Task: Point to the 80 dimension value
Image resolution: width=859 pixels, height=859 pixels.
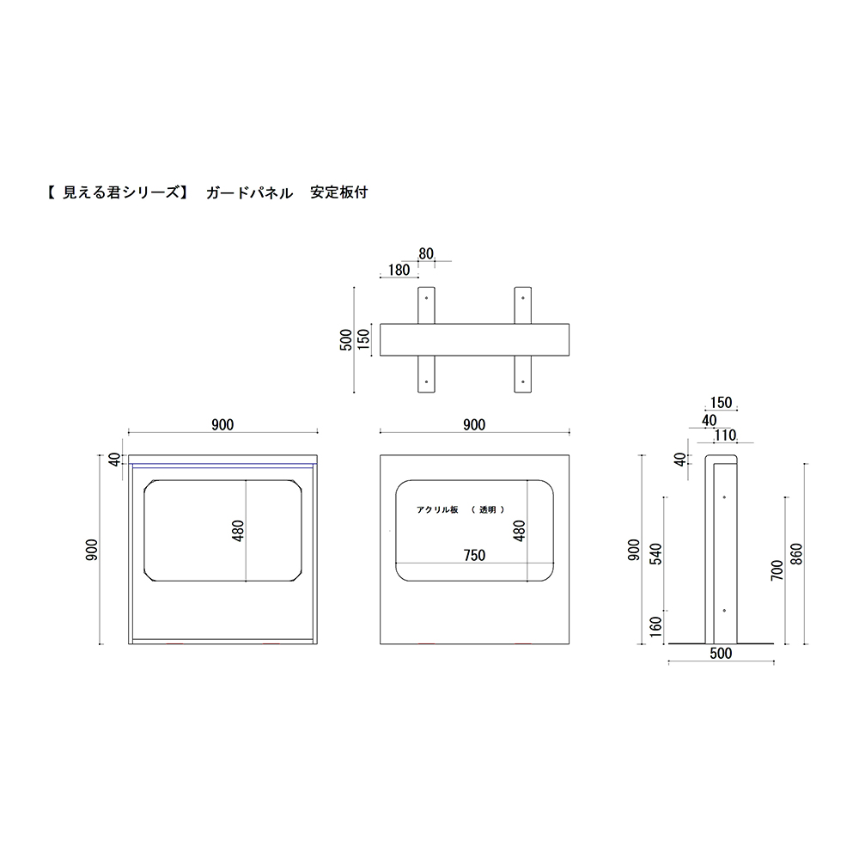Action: tap(426, 253)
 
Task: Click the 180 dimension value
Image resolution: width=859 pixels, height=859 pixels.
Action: tap(399, 270)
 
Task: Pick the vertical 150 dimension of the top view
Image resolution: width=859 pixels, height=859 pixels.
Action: tap(363, 341)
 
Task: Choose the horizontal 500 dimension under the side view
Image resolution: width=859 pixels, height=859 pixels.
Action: tap(721, 654)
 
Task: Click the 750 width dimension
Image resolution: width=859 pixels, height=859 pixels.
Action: tap(474, 556)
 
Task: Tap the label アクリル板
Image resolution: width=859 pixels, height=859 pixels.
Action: tap(437, 509)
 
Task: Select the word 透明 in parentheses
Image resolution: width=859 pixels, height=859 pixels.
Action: tap(488, 509)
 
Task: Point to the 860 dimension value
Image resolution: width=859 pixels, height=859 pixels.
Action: tap(797, 554)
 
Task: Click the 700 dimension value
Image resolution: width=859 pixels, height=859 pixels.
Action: tap(777, 570)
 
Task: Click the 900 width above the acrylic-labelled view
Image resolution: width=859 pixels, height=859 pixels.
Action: tap(474, 424)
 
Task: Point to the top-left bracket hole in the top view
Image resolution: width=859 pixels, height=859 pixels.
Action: tap(427, 298)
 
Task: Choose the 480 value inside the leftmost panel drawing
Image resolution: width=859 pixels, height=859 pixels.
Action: tap(238, 533)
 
